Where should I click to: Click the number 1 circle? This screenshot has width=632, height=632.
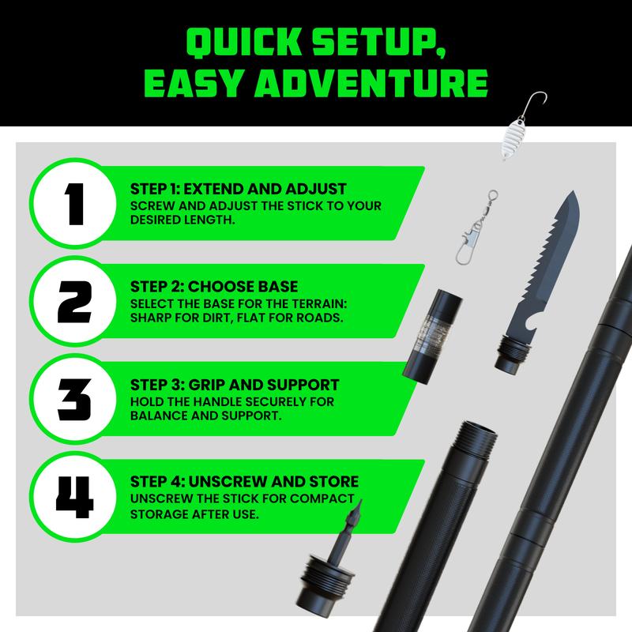[x=73, y=202]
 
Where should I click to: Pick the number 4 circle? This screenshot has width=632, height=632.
[x=73, y=497]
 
